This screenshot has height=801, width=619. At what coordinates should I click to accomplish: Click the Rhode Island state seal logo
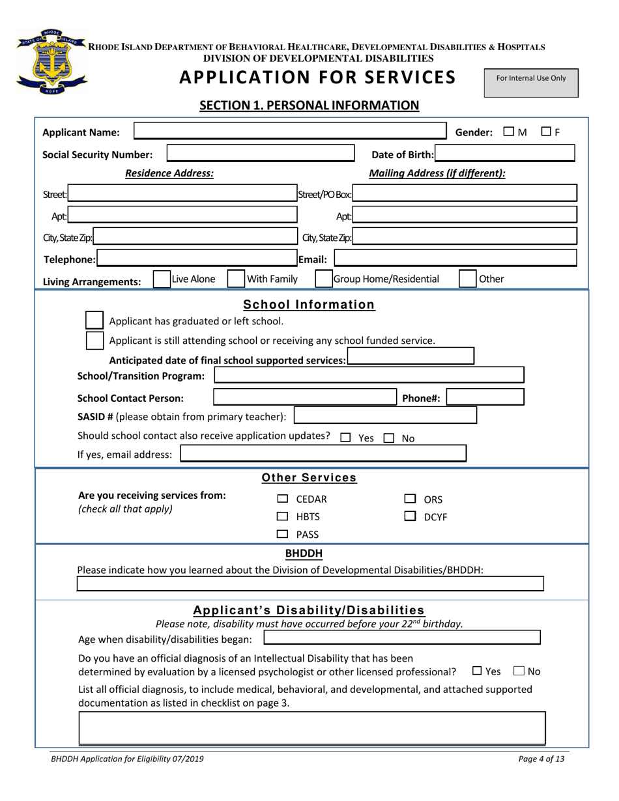[51, 63]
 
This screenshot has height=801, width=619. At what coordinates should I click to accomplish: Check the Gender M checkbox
[509, 132]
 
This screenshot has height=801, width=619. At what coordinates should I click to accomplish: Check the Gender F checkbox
[547, 132]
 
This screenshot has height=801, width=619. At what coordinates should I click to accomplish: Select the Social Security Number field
[261, 154]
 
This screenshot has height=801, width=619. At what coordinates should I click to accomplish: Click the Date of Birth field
[505, 154]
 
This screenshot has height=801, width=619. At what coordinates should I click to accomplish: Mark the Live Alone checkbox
[161, 279]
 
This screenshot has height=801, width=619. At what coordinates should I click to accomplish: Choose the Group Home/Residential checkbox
[323, 279]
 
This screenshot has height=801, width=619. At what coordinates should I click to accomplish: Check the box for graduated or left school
[94, 320]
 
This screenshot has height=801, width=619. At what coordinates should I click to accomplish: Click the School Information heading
[309, 305]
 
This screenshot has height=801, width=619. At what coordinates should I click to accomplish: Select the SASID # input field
[385, 415]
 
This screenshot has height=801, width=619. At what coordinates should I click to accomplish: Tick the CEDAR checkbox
[282, 499]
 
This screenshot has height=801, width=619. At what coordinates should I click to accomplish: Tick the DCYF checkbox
[410, 517]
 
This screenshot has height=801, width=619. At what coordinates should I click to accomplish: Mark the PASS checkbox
[282, 535]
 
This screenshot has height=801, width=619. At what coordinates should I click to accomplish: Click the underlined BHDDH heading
[304, 554]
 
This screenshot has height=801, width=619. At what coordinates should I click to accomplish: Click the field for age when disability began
[401, 638]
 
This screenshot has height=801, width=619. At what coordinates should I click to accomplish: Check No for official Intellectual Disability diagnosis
[519, 671]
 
